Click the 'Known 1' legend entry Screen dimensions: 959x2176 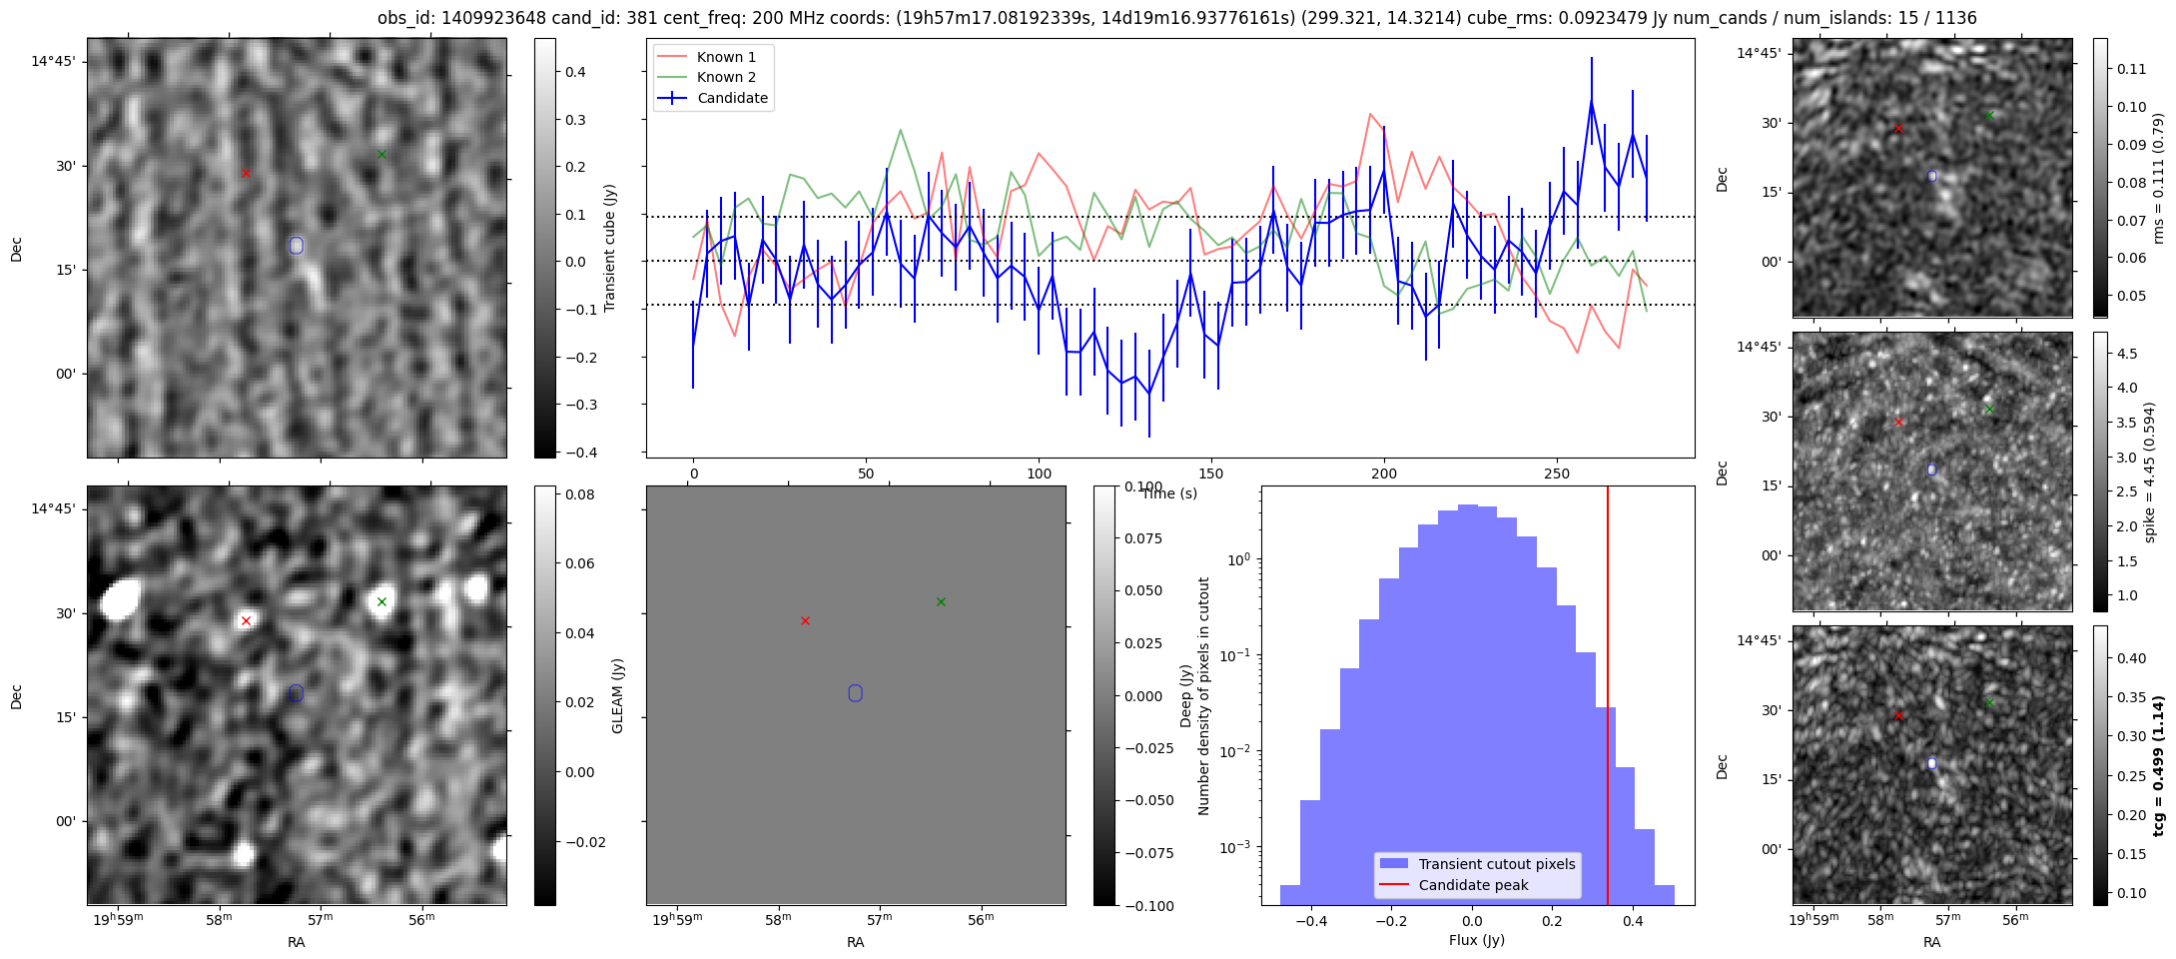point(726,57)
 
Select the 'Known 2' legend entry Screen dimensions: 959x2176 point(726,77)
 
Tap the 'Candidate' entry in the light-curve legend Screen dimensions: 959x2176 point(732,98)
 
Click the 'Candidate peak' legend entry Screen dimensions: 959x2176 point(1473,885)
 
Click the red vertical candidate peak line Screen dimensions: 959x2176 point(1608,699)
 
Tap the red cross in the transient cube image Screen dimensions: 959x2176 point(246,173)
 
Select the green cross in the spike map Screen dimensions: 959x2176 point(1988,409)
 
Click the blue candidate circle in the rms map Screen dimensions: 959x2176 point(1931,176)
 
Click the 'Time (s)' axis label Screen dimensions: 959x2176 point(1169,493)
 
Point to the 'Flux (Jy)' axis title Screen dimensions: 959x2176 point(1476,940)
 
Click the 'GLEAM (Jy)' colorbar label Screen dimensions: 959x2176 point(617,695)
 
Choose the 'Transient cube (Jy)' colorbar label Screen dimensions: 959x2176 point(609,248)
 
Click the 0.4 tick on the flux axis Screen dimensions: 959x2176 point(1633,920)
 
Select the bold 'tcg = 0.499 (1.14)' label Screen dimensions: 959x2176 point(2158,766)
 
